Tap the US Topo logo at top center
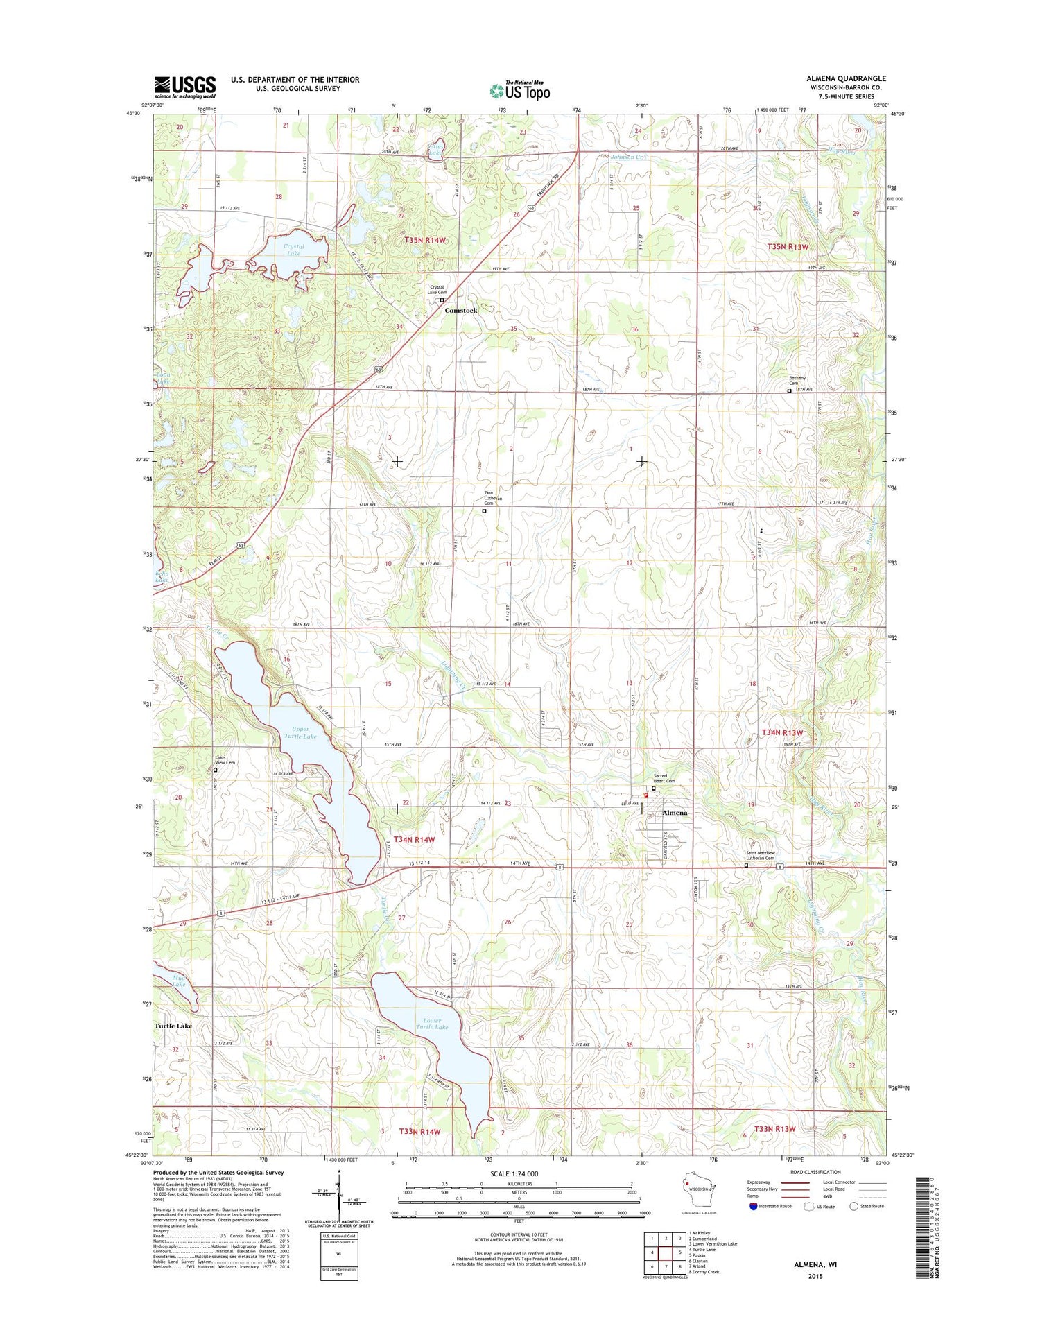520,90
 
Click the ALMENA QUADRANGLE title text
841,78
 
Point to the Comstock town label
460,311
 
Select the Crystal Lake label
293,250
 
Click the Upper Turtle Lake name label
300,732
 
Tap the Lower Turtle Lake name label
431,1024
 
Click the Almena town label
675,813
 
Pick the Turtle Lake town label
173,1026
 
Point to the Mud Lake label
179,981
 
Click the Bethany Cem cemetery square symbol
788,390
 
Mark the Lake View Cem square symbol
215,770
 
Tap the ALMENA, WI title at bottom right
815,1264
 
